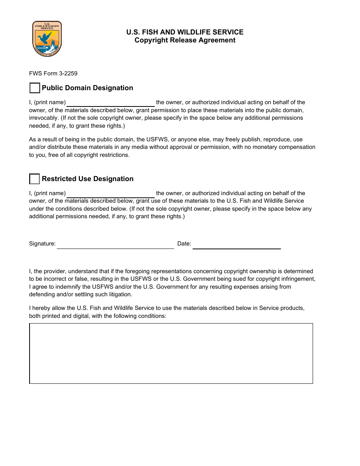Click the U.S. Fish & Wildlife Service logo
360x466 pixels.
click(x=47, y=39)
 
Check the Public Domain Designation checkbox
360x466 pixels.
click(x=34, y=88)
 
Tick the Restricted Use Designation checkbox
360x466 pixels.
click(x=34, y=179)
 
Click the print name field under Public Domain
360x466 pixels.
click(x=111, y=103)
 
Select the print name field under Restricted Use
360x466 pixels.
click(x=111, y=194)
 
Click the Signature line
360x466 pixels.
click(x=115, y=244)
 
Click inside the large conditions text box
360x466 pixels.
click(x=171, y=353)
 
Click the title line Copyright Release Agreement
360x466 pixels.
click(x=185, y=41)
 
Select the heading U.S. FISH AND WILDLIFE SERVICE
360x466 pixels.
click(x=185, y=32)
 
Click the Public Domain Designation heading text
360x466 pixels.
click(x=87, y=88)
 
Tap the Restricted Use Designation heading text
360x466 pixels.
click(x=88, y=179)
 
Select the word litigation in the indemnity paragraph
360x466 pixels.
click(x=119, y=294)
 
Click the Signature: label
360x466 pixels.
click(x=42, y=244)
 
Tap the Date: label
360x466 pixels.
click(x=184, y=244)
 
